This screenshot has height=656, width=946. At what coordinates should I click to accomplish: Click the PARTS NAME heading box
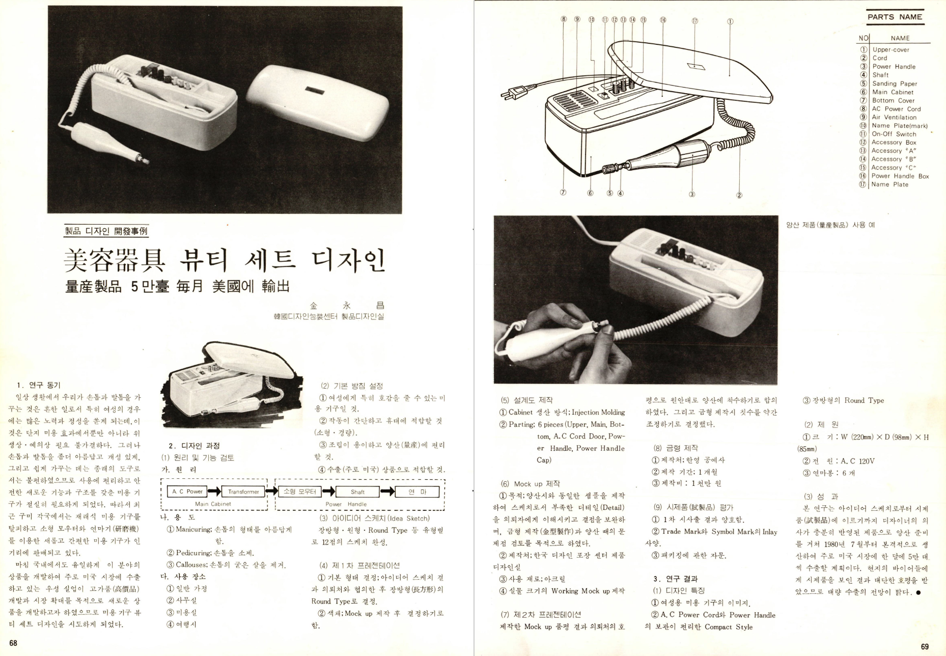[895, 17]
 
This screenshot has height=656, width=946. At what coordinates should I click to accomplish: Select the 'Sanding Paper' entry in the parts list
[895, 84]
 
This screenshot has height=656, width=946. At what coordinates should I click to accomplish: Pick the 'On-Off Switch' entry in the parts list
[894, 134]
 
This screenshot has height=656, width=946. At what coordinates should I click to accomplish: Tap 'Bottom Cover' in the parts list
[893, 100]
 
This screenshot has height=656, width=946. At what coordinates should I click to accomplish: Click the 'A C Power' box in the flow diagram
[187, 491]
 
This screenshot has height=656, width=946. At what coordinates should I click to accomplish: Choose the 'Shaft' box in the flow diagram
[357, 491]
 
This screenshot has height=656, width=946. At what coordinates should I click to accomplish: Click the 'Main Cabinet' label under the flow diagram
[213, 504]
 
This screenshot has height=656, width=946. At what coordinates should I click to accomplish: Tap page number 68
[13, 643]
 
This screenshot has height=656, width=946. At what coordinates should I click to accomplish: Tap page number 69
[925, 646]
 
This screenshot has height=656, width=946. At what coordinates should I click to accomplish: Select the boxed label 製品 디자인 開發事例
[106, 231]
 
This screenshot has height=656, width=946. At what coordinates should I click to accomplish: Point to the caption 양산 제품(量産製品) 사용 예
[830, 225]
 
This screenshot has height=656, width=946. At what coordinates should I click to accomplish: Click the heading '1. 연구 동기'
[38, 385]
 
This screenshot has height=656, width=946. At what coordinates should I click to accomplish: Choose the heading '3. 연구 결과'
[676, 579]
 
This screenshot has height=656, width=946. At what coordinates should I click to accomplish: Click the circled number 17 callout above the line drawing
[694, 20]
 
